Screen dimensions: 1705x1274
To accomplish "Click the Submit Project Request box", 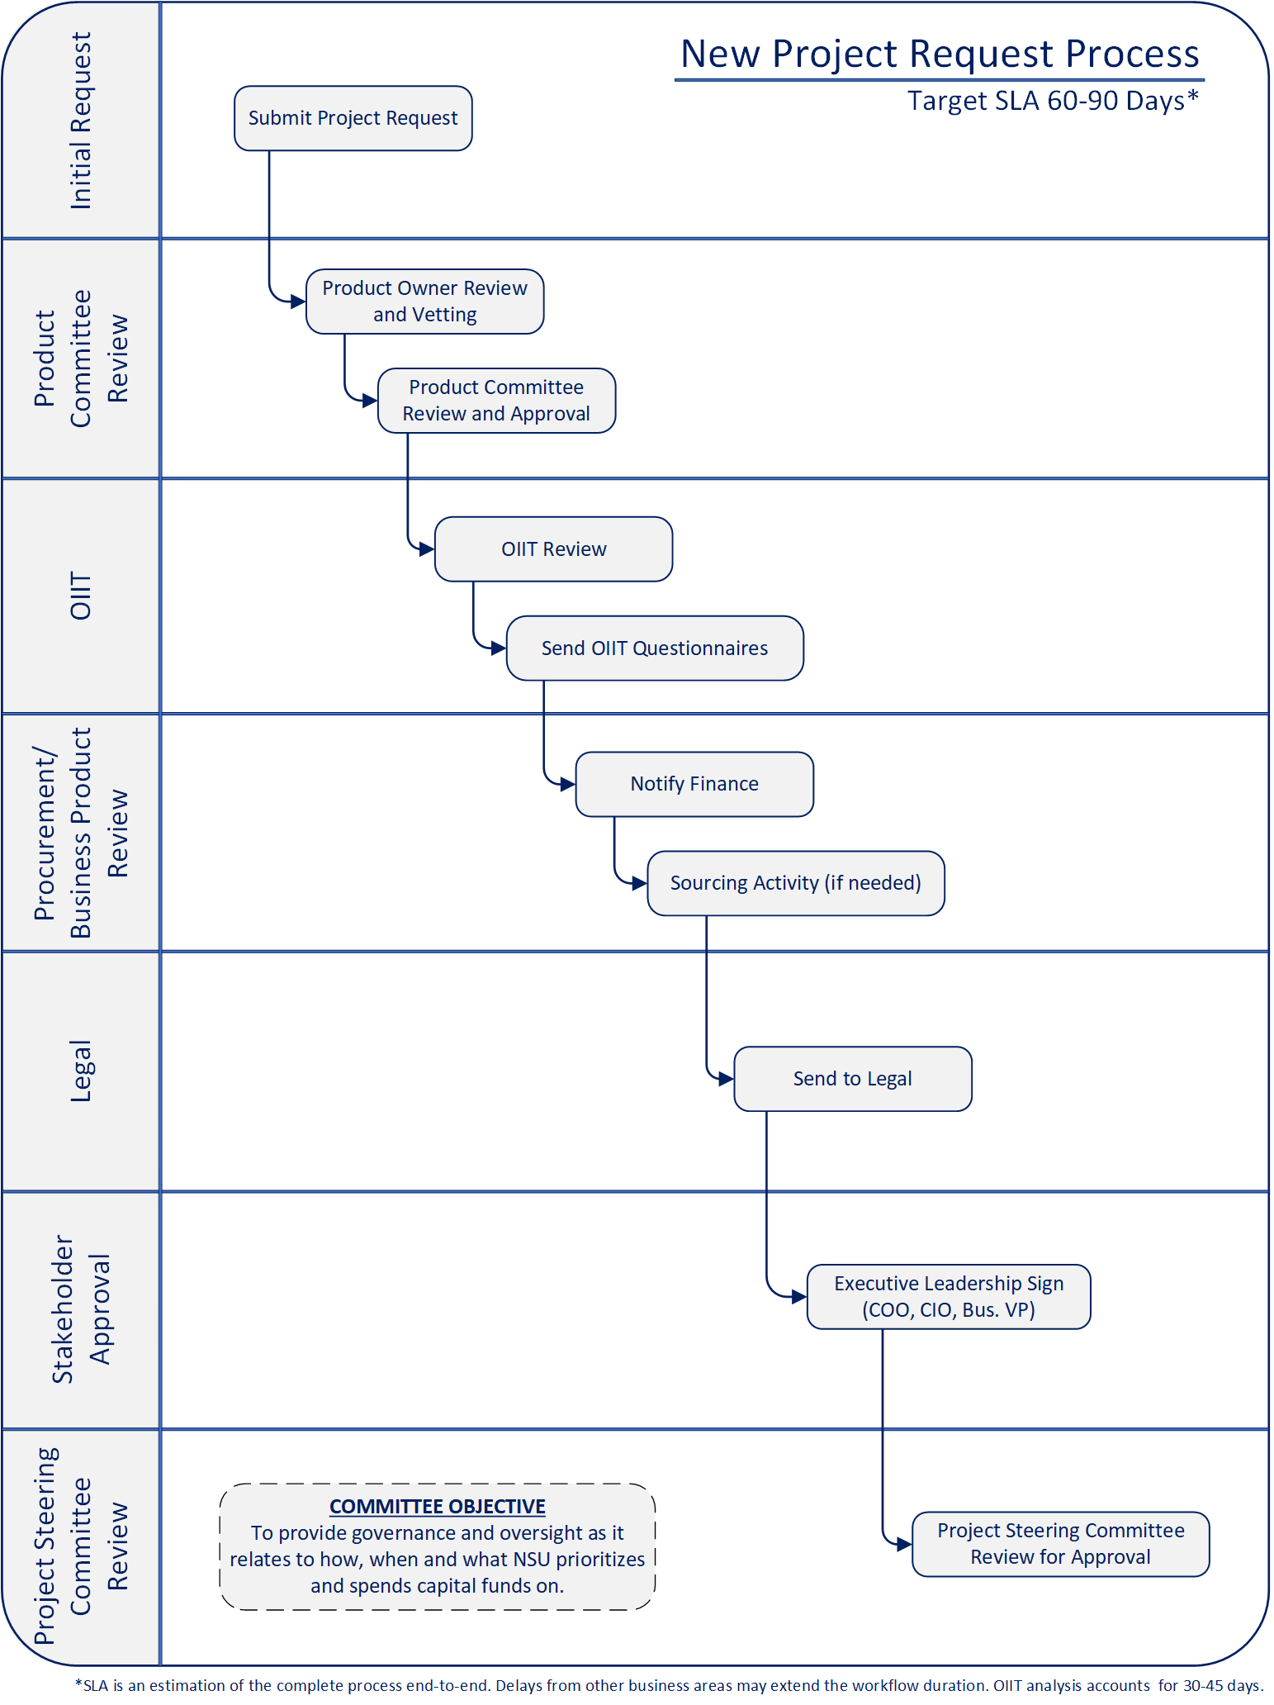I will click(x=353, y=118).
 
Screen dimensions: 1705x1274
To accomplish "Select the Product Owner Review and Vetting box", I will click(x=424, y=302).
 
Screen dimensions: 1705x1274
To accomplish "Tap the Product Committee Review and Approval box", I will click(x=496, y=401).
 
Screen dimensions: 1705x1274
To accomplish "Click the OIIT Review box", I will click(x=553, y=549).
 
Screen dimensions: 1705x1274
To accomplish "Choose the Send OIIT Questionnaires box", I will click(x=654, y=648).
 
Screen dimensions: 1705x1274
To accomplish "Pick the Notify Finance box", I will click(x=694, y=784).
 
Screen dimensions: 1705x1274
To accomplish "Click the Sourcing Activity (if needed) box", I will click(x=795, y=883).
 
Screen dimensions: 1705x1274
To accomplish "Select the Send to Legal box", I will click(x=852, y=1079).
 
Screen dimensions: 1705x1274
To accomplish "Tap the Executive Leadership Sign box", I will click(x=948, y=1296).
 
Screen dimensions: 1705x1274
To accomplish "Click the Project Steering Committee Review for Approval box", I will click(x=1060, y=1544).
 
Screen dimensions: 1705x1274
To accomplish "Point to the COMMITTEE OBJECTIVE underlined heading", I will click(x=437, y=1506).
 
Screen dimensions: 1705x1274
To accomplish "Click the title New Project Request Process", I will click(x=940, y=55).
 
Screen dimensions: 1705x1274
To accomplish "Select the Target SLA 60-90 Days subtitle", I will click(x=1052, y=101).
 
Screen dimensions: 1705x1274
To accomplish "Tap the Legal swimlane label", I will click(x=80, y=1071).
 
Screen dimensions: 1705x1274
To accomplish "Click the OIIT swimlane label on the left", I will click(x=80, y=596).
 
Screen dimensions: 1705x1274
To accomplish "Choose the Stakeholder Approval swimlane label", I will click(x=80, y=1308).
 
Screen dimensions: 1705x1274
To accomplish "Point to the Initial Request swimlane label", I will click(x=80, y=121).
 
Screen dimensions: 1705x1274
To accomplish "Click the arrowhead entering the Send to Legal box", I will click(x=726, y=1079).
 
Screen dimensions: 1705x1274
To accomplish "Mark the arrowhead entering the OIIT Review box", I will click(x=427, y=549).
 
